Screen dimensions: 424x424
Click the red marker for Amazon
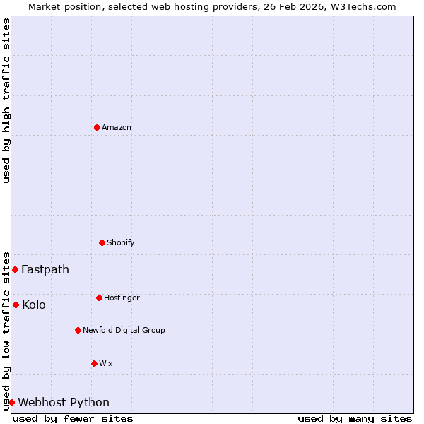tap(97, 127)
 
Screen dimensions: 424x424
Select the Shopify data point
tap(102, 242)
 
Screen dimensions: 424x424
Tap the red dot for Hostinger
tap(99, 298)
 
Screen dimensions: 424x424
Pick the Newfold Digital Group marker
tap(78, 330)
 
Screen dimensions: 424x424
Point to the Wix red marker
tap(94, 363)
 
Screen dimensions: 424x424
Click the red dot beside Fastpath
tap(15, 269)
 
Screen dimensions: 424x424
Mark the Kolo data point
tap(16, 305)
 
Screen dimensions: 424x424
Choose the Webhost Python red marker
tap(11, 402)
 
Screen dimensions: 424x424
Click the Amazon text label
tap(117, 127)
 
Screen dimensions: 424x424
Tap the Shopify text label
tap(120, 242)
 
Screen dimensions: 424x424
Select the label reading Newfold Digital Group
tap(124, 330)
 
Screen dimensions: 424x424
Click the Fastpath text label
tap(45, 269)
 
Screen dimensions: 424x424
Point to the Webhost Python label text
tap(64, 402)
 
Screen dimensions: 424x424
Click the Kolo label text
tap(34, 305)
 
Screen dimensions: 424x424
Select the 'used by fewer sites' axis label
tap(73, 418)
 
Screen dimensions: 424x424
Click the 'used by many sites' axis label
tap(355, 418)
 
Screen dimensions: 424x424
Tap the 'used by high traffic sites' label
tap(6, 100)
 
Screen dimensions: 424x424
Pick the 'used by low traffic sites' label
tap(6, 331)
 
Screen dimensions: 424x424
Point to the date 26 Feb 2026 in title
tap(295, 6)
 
